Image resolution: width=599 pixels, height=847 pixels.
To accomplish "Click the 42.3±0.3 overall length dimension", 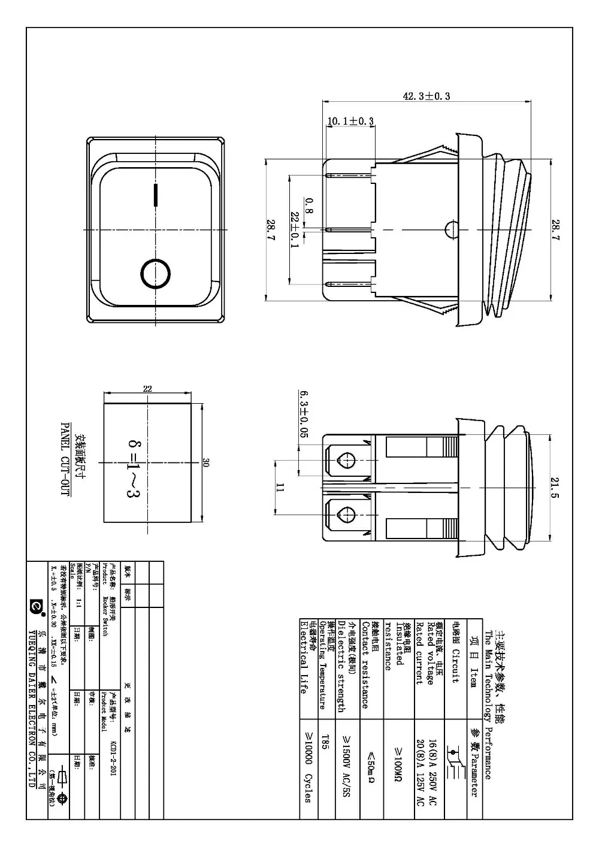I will pyautogui.click(x=426, y=96).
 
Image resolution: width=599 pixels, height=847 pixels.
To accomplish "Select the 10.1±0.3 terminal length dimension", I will pyautogui.click(x=350, y=121).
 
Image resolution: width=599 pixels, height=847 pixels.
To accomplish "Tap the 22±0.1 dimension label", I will pyautogui.click(x=295, y=229).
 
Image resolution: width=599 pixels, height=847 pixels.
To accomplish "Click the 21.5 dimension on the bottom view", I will pyautogui.click(x=555, y=486).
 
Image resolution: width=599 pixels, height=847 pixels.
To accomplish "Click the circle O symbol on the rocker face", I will pyautogui.click(x=156, y=273).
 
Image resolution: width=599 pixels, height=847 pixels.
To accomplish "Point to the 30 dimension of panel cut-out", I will pyautogui.click(x=205, y=462).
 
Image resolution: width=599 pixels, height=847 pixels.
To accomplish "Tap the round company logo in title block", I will pyautogui.click(x=35, y=607).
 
